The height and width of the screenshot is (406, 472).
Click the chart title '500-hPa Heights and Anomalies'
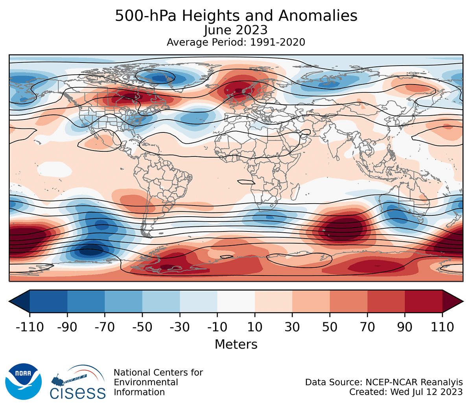(x=236, y=16)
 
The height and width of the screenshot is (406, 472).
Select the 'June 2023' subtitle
(x=236, y=30)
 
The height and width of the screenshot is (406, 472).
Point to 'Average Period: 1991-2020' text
(x=236, y=42)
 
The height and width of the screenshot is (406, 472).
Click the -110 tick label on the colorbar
(x=30, y=327)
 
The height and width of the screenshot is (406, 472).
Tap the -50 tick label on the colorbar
(x=142, y=327)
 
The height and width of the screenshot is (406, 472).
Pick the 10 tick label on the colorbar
(x=255, y=327)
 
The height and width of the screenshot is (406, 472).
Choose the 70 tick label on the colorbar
(x=367, y=327)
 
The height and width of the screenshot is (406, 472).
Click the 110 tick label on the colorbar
(x=442, y=327)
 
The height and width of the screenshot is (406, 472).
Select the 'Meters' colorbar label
(x=236, y=344)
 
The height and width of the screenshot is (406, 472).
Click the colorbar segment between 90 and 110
(x=424, y=301)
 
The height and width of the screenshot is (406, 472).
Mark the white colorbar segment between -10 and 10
(x=236, y=301)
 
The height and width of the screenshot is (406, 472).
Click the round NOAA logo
(x=23, y=381)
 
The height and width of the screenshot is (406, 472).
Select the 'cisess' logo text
(x=77, y=392)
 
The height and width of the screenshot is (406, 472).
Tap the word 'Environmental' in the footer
(x=146, y=382)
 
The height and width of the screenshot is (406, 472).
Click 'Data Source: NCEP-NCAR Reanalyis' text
(x=384, y=382)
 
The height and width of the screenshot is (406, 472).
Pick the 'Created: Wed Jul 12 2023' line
(x=406, y=392)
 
